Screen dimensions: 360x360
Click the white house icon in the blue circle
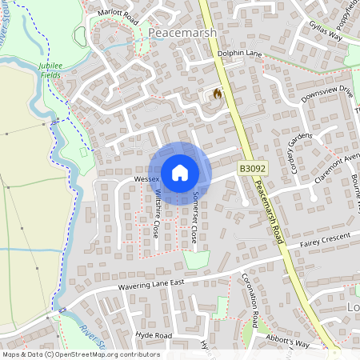tap(180, 173)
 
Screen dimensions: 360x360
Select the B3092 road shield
tap(250, 169)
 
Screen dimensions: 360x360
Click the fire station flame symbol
tap(217, 94)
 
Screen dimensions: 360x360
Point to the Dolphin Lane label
tap(240, 54)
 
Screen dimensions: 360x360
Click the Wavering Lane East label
tap(151, 283)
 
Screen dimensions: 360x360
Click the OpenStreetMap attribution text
tap(80, 354)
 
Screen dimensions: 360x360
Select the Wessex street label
tap(147, 178)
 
